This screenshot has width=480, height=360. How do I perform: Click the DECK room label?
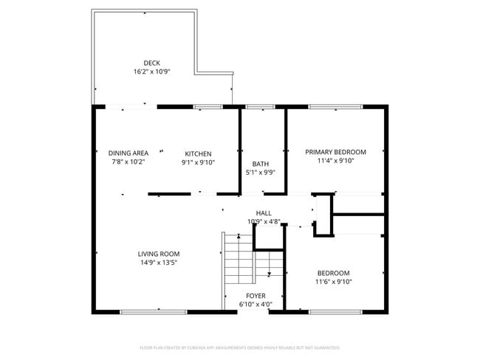152,63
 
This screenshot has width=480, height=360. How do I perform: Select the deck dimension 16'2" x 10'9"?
152,72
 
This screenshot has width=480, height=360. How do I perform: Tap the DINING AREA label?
128,153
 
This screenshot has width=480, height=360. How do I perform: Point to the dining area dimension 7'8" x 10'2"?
128,162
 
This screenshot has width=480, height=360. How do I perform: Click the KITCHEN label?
198,153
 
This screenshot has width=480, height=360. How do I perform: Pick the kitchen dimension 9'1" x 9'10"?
198,162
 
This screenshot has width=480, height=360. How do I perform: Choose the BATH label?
260,165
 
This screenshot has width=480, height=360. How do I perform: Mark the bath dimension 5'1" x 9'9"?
260,173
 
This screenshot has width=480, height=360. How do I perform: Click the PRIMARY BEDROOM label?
336,152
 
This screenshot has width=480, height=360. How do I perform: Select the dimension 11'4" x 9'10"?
336,160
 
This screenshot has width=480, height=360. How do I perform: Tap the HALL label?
264,213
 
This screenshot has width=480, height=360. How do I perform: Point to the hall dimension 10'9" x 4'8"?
264,221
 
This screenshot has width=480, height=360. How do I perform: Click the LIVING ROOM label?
159,254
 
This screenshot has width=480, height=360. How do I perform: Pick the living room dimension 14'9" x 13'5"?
159,262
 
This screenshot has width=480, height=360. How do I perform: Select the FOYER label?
256,296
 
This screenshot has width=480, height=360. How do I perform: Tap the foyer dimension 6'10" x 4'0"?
256,304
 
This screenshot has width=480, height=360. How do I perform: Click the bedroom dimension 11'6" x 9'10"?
334,281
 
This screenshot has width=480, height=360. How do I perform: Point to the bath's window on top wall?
259,107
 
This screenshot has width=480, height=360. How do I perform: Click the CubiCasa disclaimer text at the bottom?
240,347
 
